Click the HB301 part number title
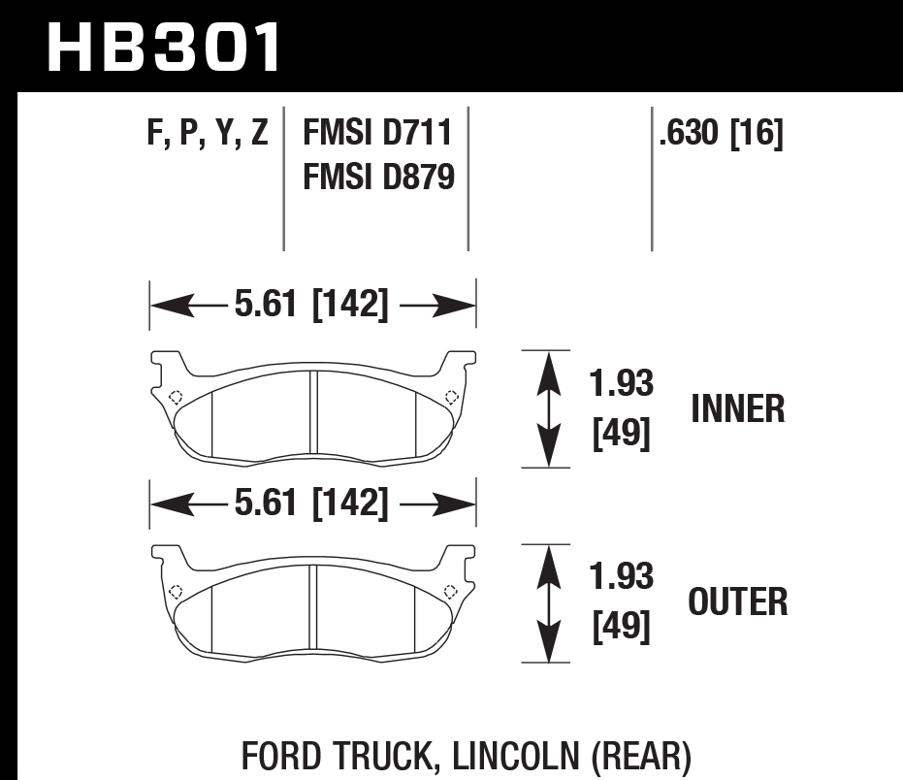point(164,48)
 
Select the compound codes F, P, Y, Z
point(208,133)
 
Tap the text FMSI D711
point(378,133)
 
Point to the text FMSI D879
point(378,177)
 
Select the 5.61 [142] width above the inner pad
point(311,307)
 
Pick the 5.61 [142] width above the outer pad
point(311,504)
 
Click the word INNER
point(737,409)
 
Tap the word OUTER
point(737,602)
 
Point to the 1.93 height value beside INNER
point(622,383)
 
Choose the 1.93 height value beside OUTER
point(622,577)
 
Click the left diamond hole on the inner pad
point(175,396)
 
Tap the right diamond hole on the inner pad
point(450,396)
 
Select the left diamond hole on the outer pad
point(175,592)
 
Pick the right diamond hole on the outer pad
point(450,592)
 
